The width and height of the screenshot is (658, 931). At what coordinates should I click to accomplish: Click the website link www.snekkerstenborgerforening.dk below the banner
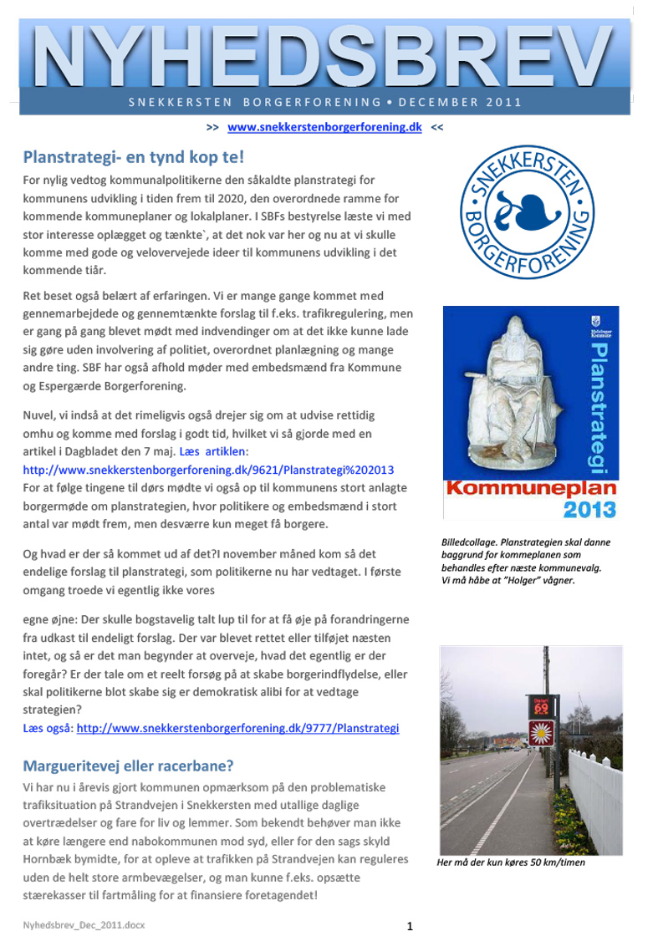coord(324,127)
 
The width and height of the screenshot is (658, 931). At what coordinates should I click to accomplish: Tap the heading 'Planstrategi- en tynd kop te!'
coord(133,157)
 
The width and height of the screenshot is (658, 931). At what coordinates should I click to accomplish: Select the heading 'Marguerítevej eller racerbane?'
coord(128,766)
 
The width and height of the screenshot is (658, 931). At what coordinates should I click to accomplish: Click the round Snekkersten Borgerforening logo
coord(528,215)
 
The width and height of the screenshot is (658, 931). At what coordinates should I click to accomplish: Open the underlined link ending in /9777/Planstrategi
coord(237,728)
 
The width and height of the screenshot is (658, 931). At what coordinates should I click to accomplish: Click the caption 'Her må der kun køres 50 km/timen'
coord(511,862)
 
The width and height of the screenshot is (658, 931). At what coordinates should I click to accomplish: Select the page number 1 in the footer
coord(410,924)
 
